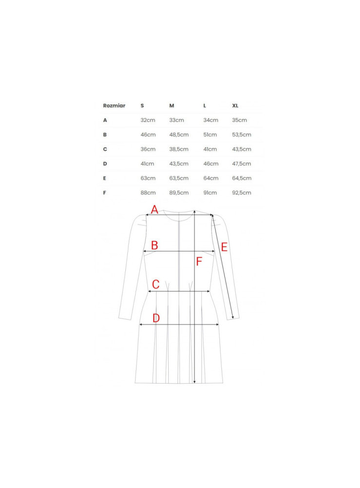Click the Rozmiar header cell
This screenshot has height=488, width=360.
pyautogui.click(x=114, y=105)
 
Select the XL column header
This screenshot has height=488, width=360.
pyautogui.click(x=235, y=105)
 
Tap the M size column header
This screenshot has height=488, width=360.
pyautogui.click(x=172, y=105)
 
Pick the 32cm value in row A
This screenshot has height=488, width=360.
pyautogui.click(x=148, y=120)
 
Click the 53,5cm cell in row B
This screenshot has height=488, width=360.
pyautogui.click(x=241, y=135)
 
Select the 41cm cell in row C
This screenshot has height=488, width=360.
pyautogui.click(x=210, y=149)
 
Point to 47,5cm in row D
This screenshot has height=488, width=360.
pyautogui.click(x=241, y=163)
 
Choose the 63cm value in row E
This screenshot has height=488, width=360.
pyautogui.click(x=148, y=178)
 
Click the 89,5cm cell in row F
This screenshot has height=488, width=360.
pyautogui.click(x=179, y=193)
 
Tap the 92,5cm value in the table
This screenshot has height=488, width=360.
pyautogui.click(x=241, y=193)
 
